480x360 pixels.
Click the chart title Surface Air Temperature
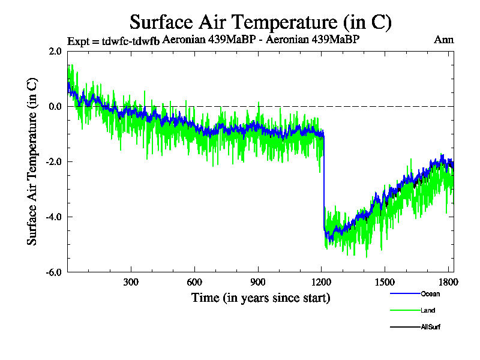pos(260,22)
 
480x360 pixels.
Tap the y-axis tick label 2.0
pos(55,52)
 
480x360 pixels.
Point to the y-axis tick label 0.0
pos(55,107)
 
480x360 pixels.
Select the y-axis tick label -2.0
pos(53,162)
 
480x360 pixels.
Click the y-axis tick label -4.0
pos(53,217)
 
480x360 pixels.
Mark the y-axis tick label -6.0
pos(53,272)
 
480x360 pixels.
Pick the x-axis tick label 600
pos(194,283)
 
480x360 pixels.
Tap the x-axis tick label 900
pos(258,283)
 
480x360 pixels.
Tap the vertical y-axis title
pos(32,162)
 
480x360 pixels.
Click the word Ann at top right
pos(443,40)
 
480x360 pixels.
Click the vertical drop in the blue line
pos(324,180)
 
